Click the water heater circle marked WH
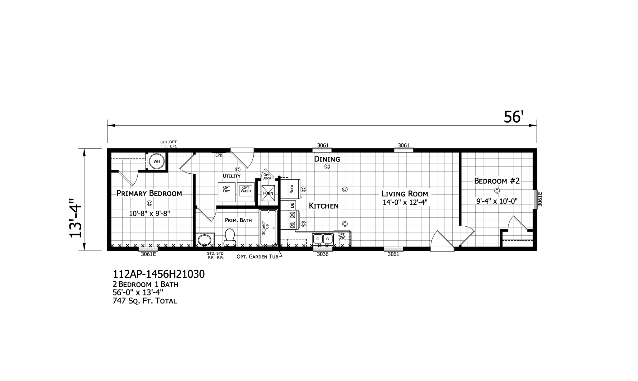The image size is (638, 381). pos(157,161)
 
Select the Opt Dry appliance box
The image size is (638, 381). pos(226,192)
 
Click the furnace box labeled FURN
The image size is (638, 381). pos(268,193)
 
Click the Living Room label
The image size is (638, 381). pos(405,194)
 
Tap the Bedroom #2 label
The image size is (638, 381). pos(497,181)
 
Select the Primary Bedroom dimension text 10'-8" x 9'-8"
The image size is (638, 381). pos(149,214)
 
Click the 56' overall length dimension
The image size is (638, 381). pos(512,117)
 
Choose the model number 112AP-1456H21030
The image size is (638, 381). pos(159,274)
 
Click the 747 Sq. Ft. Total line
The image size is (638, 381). pos(145,301)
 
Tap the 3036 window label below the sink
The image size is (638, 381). pos(323,254)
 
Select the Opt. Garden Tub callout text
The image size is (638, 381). pos(257,257)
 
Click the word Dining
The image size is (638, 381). pos(327,159)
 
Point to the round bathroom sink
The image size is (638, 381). pos(204,240)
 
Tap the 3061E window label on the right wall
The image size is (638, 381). pos(540,199)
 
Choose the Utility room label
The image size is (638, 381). pos(231,176)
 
